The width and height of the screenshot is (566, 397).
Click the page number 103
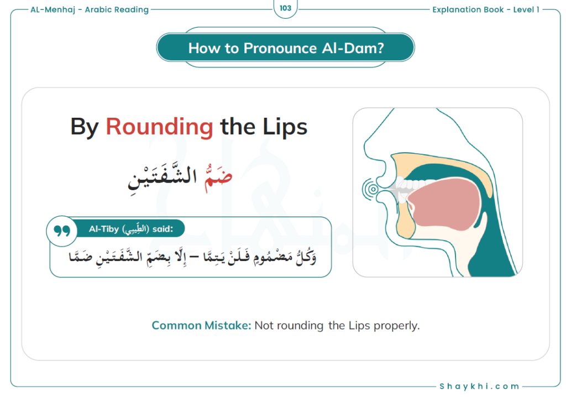285,8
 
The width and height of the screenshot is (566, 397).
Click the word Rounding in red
159,128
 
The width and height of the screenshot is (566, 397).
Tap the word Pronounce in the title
280,48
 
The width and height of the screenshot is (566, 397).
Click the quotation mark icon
62,231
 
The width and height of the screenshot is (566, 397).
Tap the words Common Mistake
201,326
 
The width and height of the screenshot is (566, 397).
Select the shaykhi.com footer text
479,386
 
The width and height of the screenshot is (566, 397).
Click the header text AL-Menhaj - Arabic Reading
90,10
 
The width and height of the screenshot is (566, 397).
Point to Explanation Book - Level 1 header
486,10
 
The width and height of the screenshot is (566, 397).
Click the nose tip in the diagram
365,147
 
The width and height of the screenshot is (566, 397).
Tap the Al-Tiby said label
130,229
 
